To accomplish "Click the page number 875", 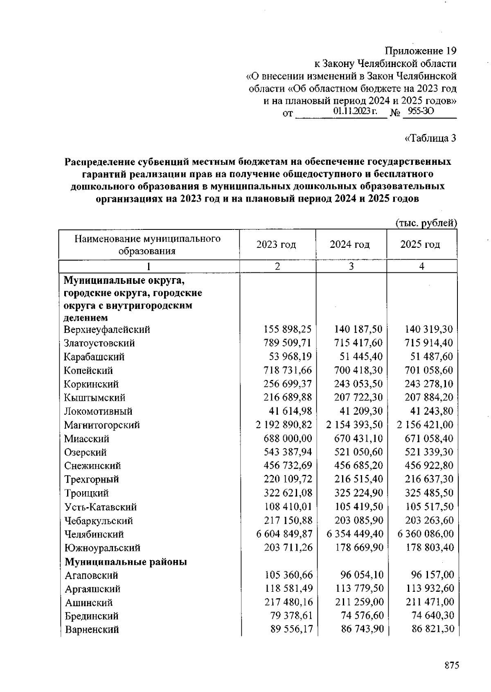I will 452,665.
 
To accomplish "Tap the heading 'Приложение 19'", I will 421,51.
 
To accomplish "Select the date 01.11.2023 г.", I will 355,111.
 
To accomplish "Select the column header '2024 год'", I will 350,245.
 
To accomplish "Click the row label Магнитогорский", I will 102,425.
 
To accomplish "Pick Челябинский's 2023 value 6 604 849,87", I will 284,534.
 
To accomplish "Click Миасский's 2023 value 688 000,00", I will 288,439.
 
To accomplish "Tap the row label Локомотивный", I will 99,411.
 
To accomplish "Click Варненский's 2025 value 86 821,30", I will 432,629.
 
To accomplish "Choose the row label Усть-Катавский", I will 101,507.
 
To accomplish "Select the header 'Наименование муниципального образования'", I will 147,245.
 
